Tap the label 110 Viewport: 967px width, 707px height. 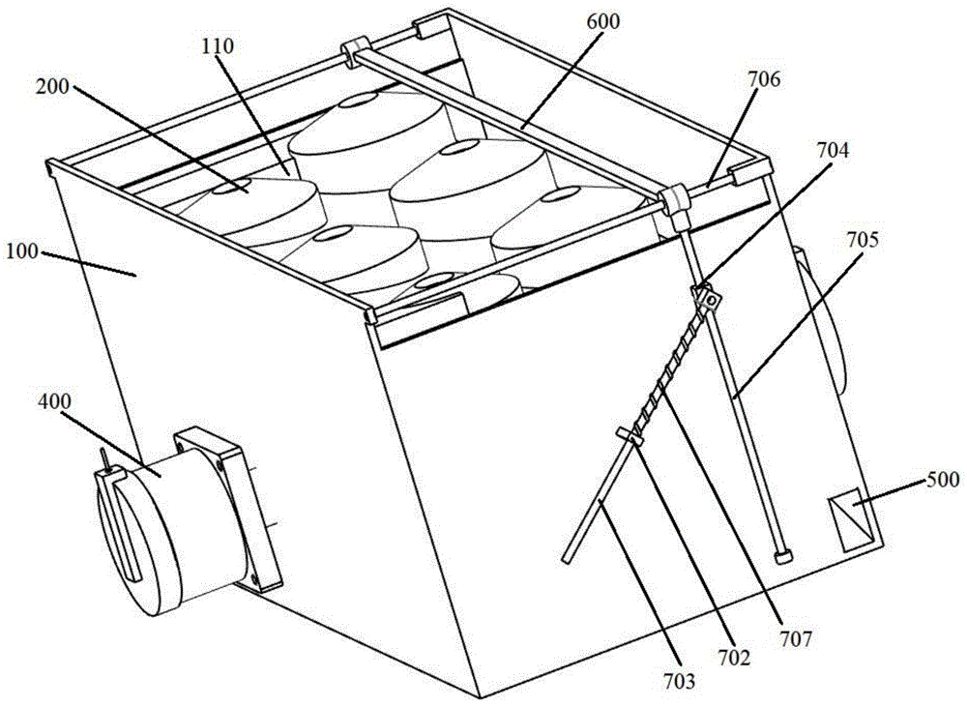pyautogui.click(x=217, y=46)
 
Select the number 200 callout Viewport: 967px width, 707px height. pyautogui.click(x=52, y=86)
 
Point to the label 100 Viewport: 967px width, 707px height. pyautogui.click(x=20, y=251)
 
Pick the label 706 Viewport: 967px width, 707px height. pyautogui.click(x=764, y=79)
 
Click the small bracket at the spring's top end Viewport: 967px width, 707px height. pyautogui.click(x=707, y=296)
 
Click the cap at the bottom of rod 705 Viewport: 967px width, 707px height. pyautogui.click(x=783, y=557)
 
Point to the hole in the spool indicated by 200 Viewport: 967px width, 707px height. pyautogui.click(x=238, y=184)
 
